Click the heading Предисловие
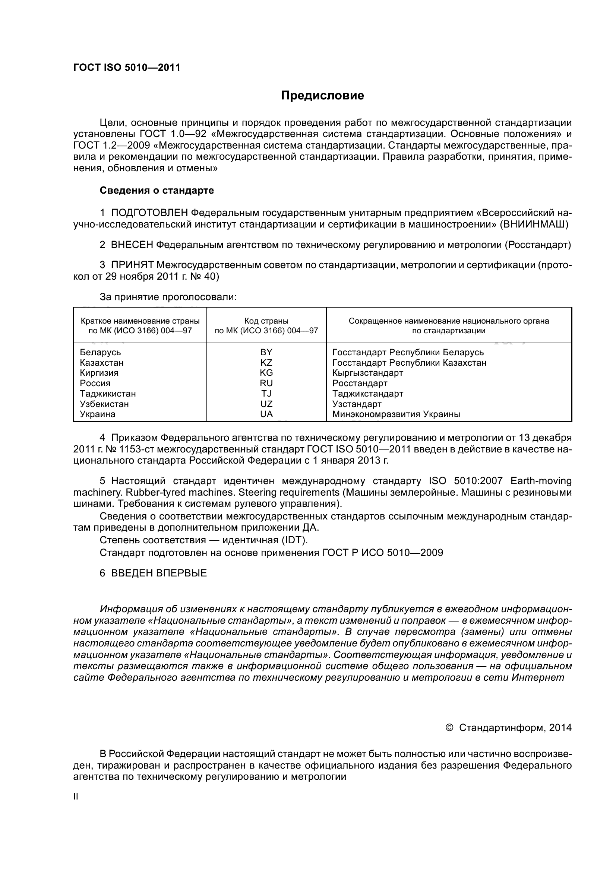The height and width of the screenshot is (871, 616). (x=322, y=96)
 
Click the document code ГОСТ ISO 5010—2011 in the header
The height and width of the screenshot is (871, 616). (x=126, y=67)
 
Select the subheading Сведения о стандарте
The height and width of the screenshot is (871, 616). (x=157, y=190)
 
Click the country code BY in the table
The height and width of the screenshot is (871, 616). (x=266, y=352)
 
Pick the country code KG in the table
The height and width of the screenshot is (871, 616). (x=266, y=372)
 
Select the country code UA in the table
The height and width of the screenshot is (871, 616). (x=266, y=414)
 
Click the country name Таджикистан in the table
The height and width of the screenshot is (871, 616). (x=108, y=393)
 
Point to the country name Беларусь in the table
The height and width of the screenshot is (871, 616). (x=100, y=352)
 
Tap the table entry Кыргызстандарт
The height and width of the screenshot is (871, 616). (x=367, y=372)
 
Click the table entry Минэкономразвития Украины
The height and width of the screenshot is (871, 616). (x=396, y=414)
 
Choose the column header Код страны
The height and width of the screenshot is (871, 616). (x=266, y=321)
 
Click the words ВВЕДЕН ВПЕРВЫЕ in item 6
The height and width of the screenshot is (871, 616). (x=159, y=573)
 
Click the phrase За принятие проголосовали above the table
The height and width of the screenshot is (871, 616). (x=168, y=297)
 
